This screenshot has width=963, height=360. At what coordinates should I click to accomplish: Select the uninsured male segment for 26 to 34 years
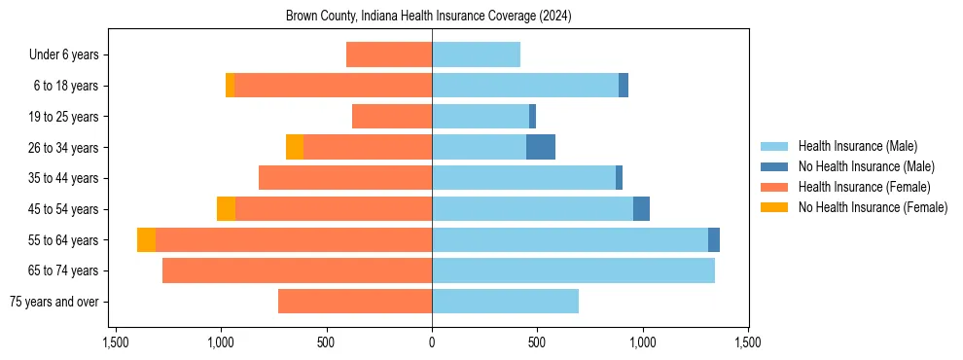point(541,147)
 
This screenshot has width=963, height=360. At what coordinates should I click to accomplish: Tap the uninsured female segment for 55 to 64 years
point(146,239)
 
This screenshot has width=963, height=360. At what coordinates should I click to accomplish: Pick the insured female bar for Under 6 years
point(389,54)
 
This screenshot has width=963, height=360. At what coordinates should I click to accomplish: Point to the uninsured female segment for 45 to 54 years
point(226,209)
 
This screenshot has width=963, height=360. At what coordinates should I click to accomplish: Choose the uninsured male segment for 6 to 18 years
point(624,86)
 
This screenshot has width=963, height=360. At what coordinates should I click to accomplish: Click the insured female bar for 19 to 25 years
point(392,117)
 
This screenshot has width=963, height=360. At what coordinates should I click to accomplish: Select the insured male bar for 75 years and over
point(505,302)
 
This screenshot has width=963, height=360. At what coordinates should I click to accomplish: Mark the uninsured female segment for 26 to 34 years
point(295,147)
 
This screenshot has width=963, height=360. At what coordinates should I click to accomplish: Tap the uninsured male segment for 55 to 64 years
point(714,239)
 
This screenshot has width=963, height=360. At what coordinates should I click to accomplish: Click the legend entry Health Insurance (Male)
point(857,146)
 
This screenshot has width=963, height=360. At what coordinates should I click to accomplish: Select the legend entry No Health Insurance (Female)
point(873,207)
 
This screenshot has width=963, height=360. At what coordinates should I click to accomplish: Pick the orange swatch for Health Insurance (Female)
point(774,187)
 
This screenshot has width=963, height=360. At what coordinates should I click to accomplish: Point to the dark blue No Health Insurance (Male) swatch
point(774,166)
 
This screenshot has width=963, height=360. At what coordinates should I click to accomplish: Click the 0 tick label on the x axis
point(432,342)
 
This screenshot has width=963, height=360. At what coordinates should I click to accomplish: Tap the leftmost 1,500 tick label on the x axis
point(116,342)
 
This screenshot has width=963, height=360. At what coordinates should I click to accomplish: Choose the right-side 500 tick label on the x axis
point(537,342)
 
